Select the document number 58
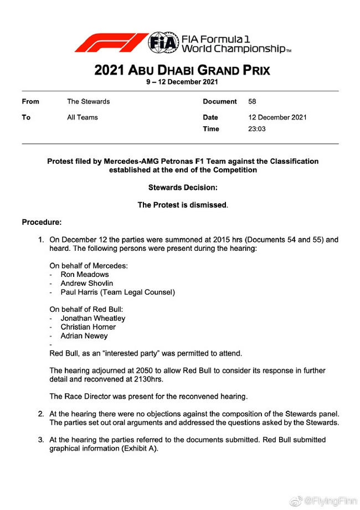pos(253,102)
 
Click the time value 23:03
pos(258,129)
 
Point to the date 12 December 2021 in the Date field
pos(277,117)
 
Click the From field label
pos(30,102)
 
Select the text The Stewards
pos(88,102)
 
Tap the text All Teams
pos(82,117)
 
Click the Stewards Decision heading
pos(182,188)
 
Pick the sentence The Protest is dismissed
pos(182,205)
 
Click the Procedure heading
pos(42,223)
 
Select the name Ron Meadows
pos(85,274)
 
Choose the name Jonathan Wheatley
pos(93,318)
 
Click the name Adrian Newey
pos(84,336)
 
